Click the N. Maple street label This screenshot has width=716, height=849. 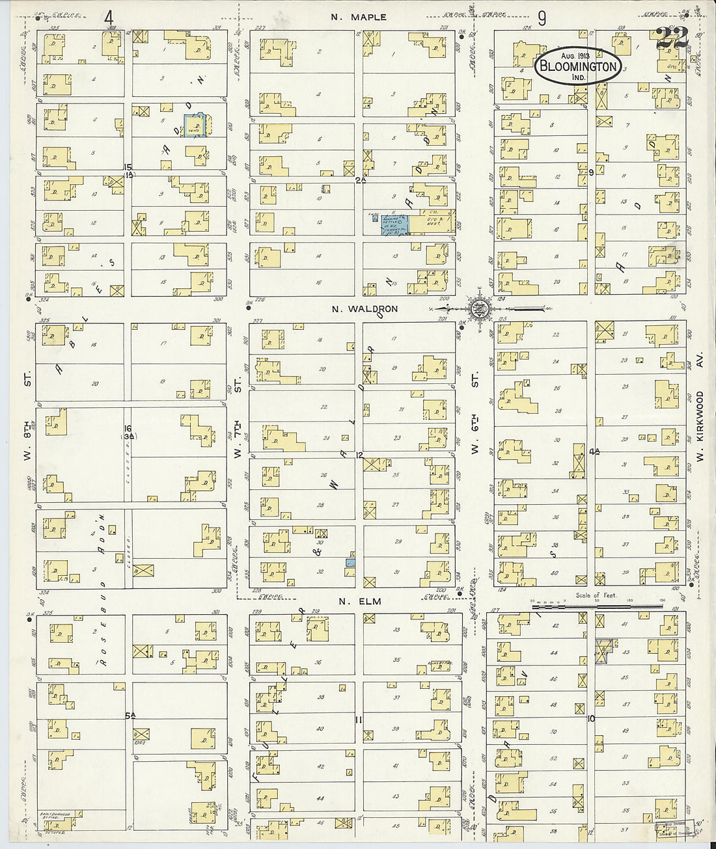358,17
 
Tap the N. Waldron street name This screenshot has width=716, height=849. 365,309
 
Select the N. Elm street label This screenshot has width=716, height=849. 355,602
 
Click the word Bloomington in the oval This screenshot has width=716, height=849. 577,66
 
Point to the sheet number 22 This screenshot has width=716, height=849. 672,39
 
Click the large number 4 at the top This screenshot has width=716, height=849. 109,18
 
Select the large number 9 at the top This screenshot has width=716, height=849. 542,18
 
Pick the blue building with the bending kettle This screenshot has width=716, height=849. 395,224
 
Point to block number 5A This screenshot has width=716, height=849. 130,716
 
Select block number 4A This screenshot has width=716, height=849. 593,451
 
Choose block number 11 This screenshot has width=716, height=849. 358,719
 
